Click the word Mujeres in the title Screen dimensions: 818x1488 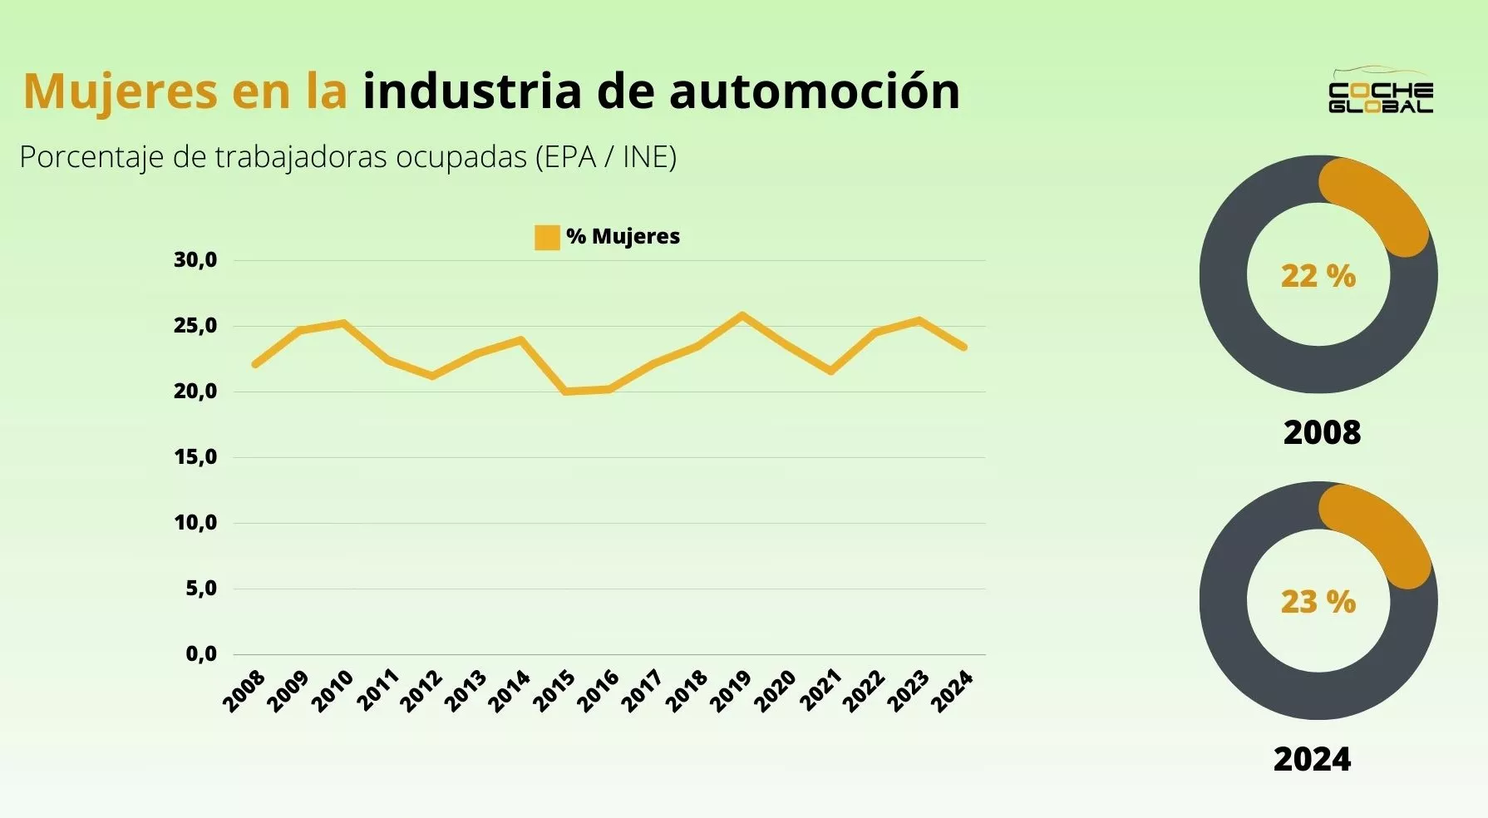point(121,91)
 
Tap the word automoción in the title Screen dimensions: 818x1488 point(814,91)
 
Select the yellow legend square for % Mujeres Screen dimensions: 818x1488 point(547,238)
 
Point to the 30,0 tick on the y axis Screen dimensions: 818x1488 point(195,260)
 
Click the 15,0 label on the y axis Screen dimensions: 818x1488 point(195,457)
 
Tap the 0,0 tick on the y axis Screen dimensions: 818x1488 point(201,654)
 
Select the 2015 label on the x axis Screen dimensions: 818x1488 point(554,691)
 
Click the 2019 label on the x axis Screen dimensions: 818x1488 point(732,691)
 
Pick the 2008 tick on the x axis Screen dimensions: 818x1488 point(244,691)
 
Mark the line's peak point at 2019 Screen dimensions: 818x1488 point(742,315)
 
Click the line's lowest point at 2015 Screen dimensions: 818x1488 point(565,391)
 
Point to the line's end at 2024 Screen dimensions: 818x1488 point(963,347)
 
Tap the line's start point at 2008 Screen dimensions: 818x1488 point(255,365)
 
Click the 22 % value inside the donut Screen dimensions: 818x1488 point(1318,276)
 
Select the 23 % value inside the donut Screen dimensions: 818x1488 point(1318,602)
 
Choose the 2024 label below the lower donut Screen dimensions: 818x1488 point(1313,759)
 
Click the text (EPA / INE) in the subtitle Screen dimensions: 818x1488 point(606,157)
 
